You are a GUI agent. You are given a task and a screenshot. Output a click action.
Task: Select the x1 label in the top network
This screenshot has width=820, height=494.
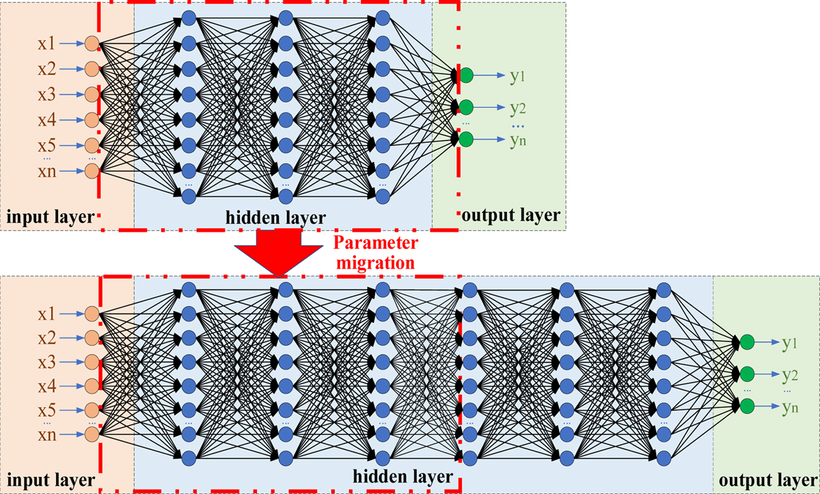(47, 44)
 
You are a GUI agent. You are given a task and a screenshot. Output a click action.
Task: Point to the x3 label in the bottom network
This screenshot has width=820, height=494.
(47, 361)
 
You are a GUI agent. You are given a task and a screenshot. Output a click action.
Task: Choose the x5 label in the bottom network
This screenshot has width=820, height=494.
(47, 411)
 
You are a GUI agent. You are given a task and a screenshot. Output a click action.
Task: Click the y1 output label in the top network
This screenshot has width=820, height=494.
(517, 76)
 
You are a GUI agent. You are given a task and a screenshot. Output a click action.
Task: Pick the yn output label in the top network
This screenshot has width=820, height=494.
(517, 140)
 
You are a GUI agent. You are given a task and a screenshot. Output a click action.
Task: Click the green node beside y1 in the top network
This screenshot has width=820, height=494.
(466, 75)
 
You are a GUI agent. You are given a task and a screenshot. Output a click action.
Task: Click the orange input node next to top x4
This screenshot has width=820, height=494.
(91, 120)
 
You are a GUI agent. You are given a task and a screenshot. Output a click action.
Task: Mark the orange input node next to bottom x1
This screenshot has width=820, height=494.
(91, 314)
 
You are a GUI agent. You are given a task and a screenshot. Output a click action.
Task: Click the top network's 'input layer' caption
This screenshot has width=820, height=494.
(49, 217)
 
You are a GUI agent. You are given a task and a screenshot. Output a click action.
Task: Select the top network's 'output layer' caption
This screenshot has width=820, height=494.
(510, 216)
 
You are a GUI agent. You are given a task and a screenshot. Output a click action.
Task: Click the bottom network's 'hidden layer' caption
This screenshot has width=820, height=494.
(402, 476)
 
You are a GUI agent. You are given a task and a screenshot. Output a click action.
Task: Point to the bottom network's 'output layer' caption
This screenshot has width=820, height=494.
(765, 479)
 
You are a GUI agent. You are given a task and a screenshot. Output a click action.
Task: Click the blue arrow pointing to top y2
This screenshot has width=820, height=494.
(489, 107)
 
